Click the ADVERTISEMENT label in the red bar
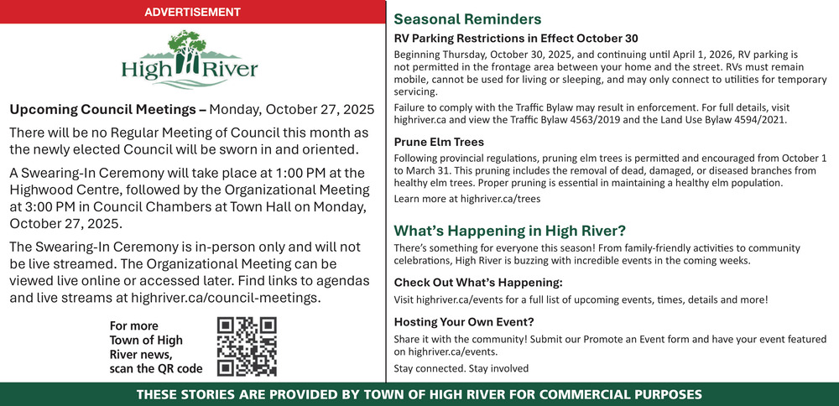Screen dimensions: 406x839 pos(192,13)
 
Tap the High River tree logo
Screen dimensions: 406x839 pos(190,59)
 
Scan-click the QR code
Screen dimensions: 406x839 pos(247,346)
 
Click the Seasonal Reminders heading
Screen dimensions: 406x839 pos(467,19)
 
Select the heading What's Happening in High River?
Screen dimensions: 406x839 pos(509,231)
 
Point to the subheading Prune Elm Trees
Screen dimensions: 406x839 pos(439,142)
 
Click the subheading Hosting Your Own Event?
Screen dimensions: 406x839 pos(464,321)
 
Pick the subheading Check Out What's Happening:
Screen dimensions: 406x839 pos(478,282)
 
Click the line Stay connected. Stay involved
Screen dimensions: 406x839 pos(461,368)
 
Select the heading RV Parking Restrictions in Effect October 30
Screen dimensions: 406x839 pos(516,39)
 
